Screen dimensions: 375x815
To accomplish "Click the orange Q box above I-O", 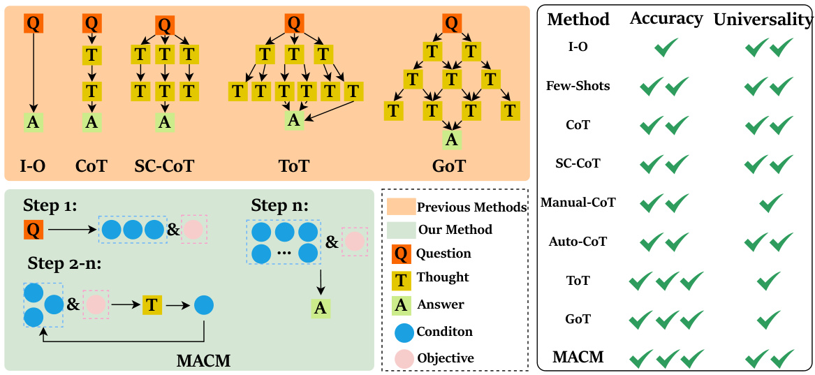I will point(33,23).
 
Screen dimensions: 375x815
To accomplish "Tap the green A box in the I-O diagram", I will point(33,122).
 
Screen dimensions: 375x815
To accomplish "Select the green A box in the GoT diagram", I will point(452,140).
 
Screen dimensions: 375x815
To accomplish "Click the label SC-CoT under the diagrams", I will point(164,166).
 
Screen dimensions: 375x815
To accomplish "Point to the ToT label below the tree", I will point(294,166).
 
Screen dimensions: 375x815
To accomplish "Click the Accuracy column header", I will point(666,19).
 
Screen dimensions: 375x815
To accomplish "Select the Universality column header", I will point(763,20).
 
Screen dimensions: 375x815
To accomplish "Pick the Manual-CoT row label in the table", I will point(582,203).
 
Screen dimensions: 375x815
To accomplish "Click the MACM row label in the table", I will point(578,358).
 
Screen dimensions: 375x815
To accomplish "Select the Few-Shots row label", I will point(578,86).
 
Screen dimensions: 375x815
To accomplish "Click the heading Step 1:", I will point(50,205).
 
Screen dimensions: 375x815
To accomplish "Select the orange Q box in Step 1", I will point(33,228).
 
